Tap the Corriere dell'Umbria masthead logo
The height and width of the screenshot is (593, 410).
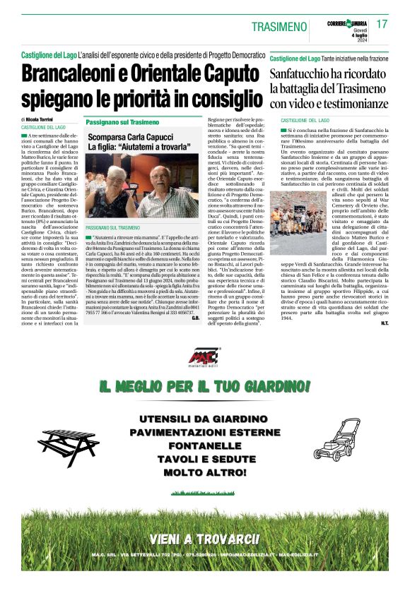[347, 23]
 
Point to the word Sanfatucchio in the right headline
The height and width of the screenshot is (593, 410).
[306, 74]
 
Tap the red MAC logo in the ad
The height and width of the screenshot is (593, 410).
[204, 359]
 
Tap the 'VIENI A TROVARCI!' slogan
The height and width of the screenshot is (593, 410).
[204, 539]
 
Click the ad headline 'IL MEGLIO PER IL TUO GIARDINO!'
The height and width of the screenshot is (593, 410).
[204, 385]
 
